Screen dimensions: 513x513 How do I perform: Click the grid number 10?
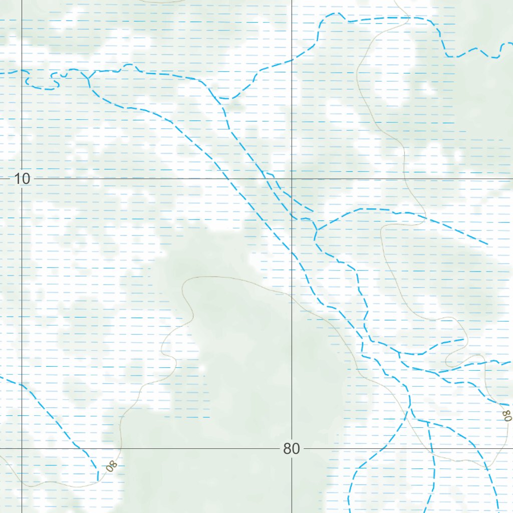pos(22,178)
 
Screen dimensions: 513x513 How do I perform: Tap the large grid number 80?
pos(291,448)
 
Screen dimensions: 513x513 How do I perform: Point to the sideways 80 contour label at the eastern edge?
pos(507,415)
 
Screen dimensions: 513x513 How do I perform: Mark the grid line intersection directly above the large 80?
pos(292,178)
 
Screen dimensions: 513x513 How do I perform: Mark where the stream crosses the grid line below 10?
pos(22,385)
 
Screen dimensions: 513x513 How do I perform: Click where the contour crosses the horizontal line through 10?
pos(407,178)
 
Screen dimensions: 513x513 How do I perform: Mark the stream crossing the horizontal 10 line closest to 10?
pos(228,178)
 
